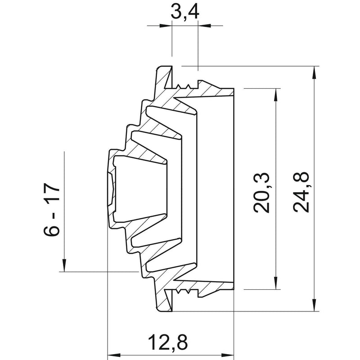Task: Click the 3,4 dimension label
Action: pyautogui.click(x=185, y=12)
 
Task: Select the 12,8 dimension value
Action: pyautogui.click(x=168, y=342)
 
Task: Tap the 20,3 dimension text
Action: pyautogui.click(x=261, y=193)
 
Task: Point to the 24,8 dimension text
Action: pyautogui.click(x=301, y=192)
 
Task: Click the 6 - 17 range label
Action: pyautogui.click(x=51, y=209)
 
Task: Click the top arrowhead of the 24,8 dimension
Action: pyautogui.click(x=314, y=73)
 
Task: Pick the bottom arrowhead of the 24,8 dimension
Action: pyautogui.click(x=314, y=305)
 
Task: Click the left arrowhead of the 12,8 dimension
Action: pyautogui.click(x=114, y=355)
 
